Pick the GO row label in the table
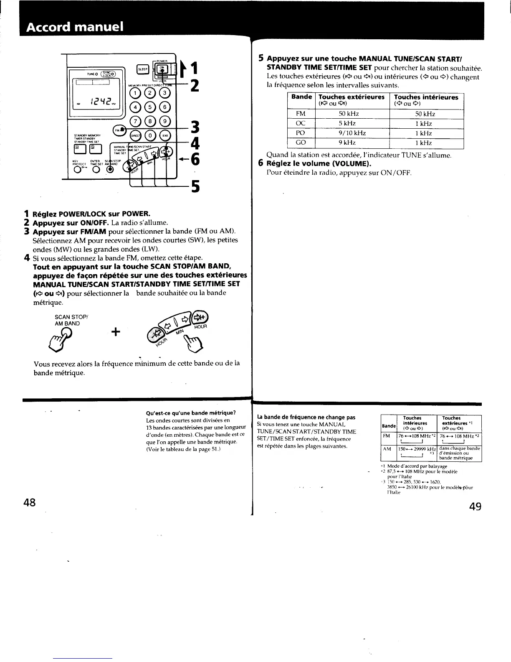pos(301,143)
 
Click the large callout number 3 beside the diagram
pos(194,127)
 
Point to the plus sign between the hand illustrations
pos(116,332)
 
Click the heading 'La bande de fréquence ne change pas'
pos(306,417)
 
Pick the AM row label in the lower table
pos(387,448)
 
